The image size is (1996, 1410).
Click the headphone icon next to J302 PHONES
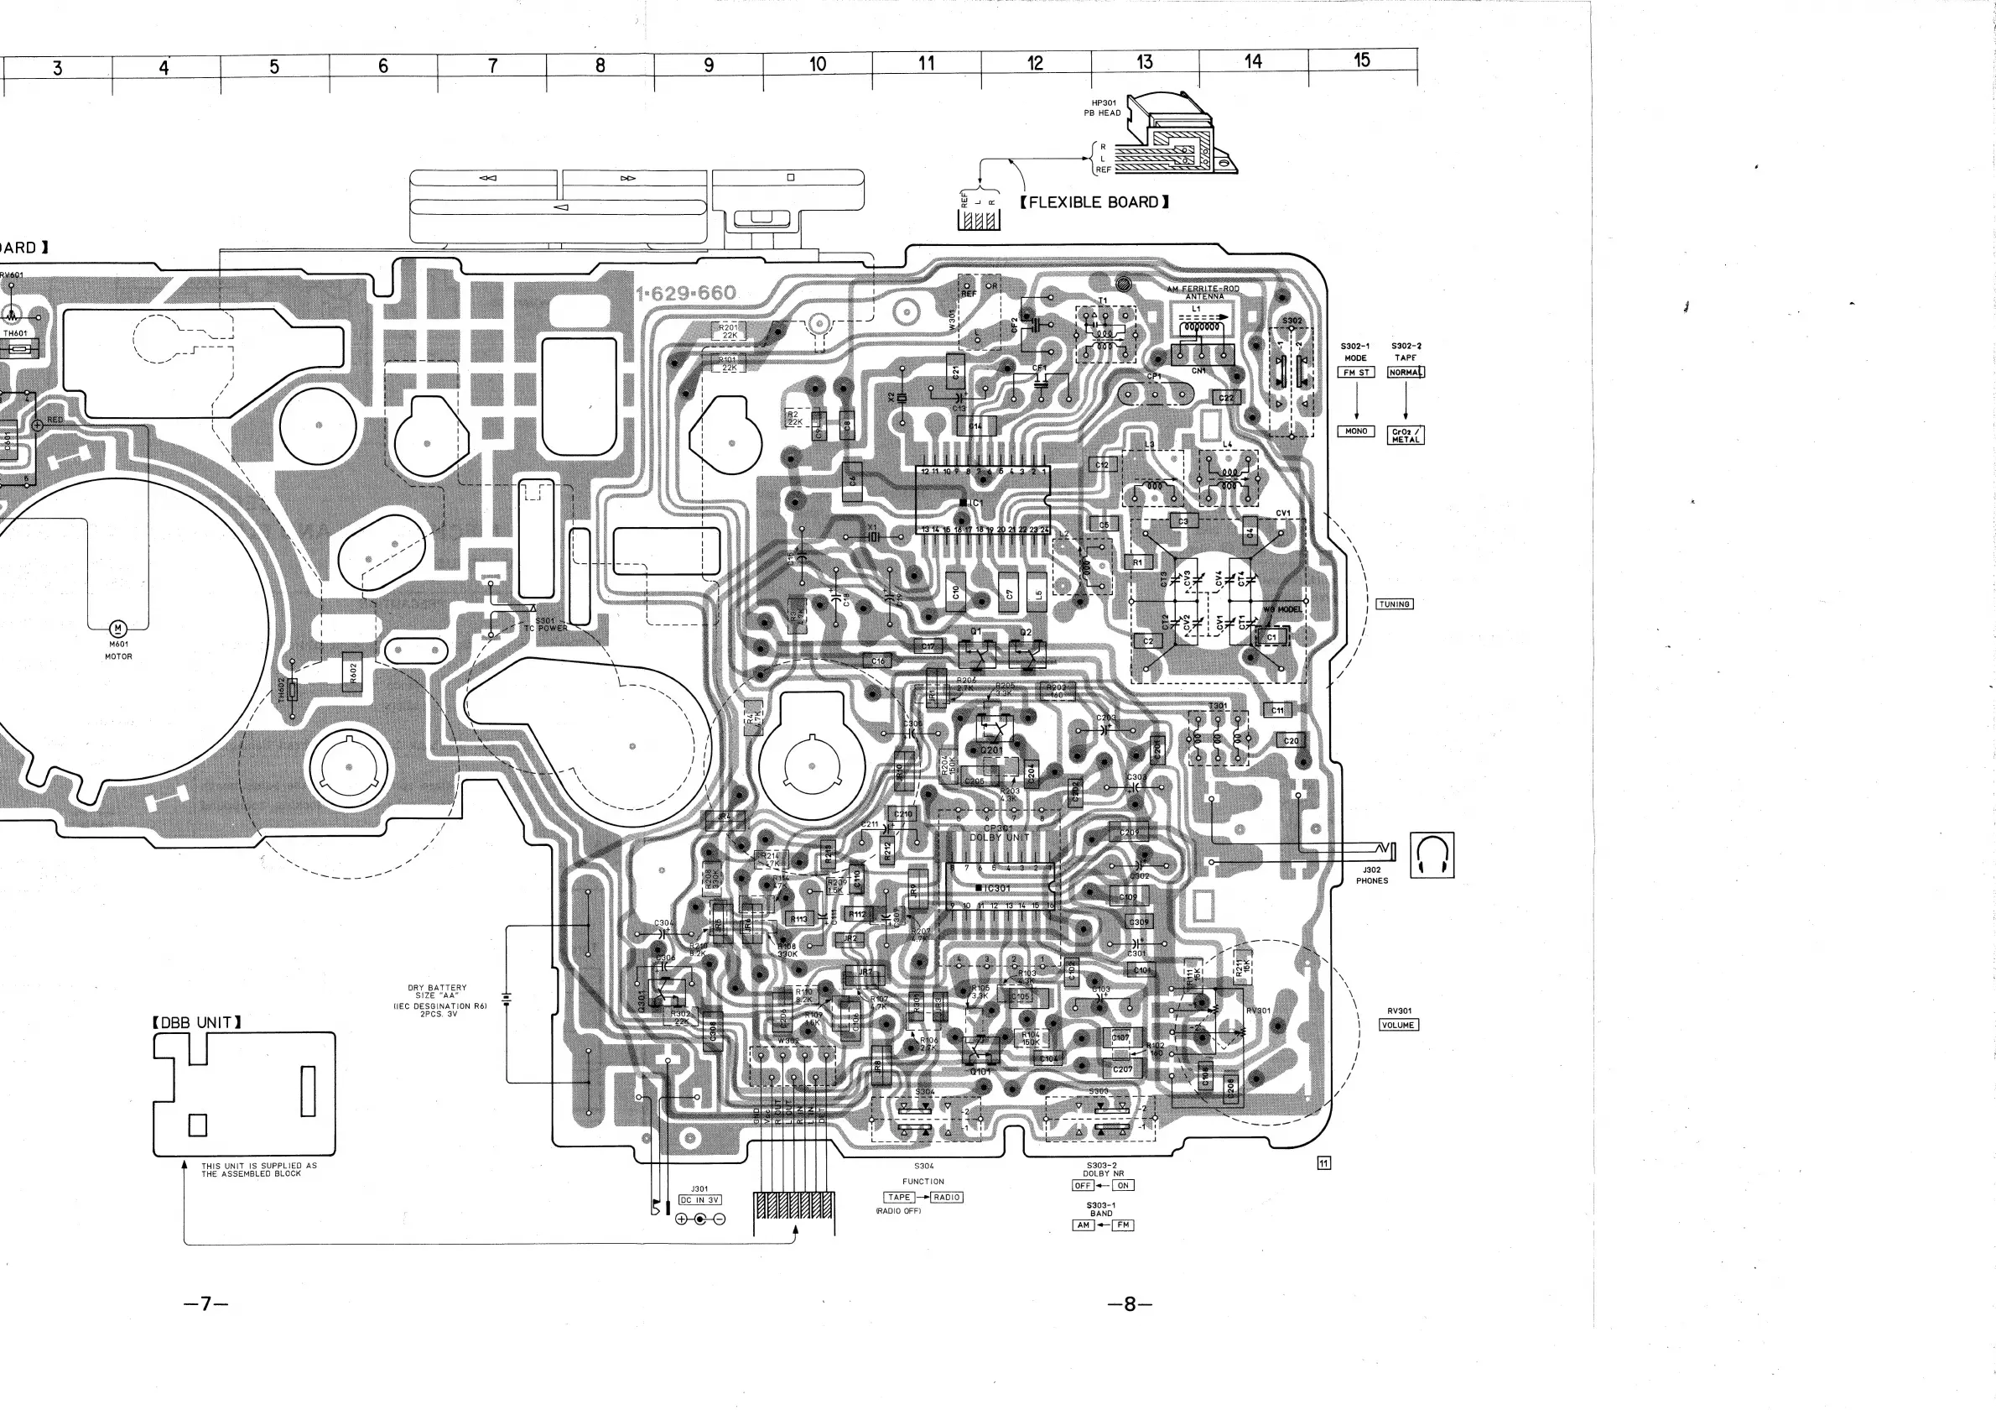click(x=1432, y=855)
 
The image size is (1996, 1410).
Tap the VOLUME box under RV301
click(x=1399, y=1025)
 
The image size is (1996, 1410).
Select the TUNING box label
click(x=1395, y=603)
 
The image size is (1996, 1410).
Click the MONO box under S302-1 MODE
click(x=1356, y=431)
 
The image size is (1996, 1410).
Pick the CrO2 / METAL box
click(x=1405, y=435)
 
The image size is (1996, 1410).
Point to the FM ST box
click(x=1356, y=373)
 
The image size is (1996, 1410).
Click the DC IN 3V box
click(x=699, y=1199)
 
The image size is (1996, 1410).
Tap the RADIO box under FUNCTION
click(x=947, y=1197)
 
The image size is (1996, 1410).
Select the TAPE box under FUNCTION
click(x=900, y=1197)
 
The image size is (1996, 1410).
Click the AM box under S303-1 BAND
click(x=1084, y=1225)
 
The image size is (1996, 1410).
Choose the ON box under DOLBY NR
click(x=1122, y=1185)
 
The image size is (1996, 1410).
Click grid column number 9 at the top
click(x=709, y=65)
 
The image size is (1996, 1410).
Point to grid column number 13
click(x=1144, y=62)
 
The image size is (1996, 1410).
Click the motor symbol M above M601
click(x=117, y=629)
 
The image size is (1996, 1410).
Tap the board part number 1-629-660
click(x=686, y=293)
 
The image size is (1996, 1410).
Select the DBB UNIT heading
click(x=196, y=1022)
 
